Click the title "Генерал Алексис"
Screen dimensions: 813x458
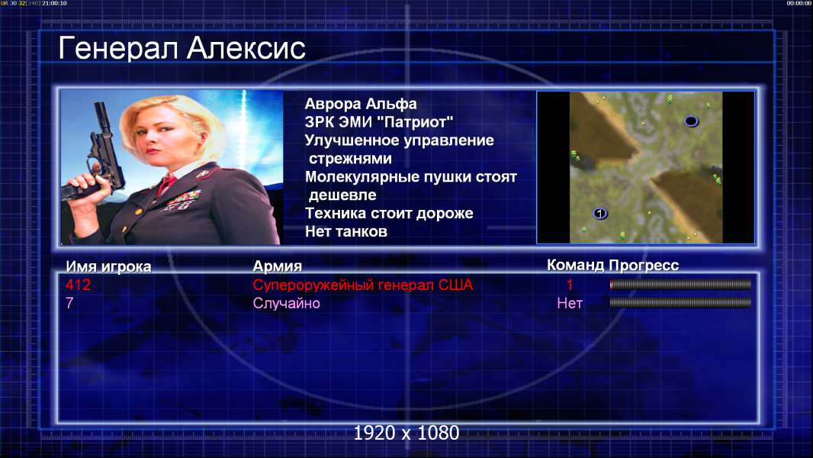click(x=182, y=49)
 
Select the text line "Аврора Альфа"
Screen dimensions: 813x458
click(x=360, y=104)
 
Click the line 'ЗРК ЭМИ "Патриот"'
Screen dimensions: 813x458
click(x=378, y=122)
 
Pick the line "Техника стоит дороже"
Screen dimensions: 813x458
click(x=389, y=213)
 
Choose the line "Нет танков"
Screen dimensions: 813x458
click(x=345, y=231)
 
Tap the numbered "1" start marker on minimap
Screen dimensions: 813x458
click(x=600, y=213)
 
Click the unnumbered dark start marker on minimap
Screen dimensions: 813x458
click(x=691, y=121)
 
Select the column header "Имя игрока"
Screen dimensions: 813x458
click(x=108, y=266)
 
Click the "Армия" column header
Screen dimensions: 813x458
click(x=277, y=266)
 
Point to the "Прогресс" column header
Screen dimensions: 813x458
click(x=644, y=266)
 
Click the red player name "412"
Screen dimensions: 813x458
click(x=78, y=285)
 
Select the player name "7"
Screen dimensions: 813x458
click(x=69, y=303)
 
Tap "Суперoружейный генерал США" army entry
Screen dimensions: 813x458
click(x=363, y=285)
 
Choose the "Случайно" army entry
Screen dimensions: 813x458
click(x=286, y=303)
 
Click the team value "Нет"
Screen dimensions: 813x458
click(x=569, y=303)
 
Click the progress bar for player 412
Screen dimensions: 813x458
click(x=680, y=284)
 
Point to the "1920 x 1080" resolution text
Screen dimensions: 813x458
click(x=406, y=433)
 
